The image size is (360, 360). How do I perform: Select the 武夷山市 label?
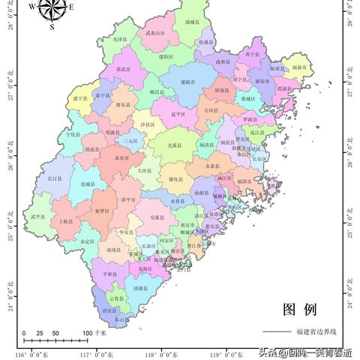(154, 34)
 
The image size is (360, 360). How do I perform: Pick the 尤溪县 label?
(175, 145)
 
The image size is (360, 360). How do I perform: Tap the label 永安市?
(123, 158)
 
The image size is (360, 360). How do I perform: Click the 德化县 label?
(175, 180)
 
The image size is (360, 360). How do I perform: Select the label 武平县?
(38, 217)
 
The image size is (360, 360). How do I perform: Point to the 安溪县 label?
(156, 217)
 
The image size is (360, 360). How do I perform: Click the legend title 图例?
(299, 309)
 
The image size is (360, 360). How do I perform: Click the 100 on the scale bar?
(88, 333)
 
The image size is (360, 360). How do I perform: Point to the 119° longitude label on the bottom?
(223, 354)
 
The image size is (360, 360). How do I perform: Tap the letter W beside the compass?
(31, 6)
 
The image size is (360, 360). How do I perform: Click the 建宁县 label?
(81, 98)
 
